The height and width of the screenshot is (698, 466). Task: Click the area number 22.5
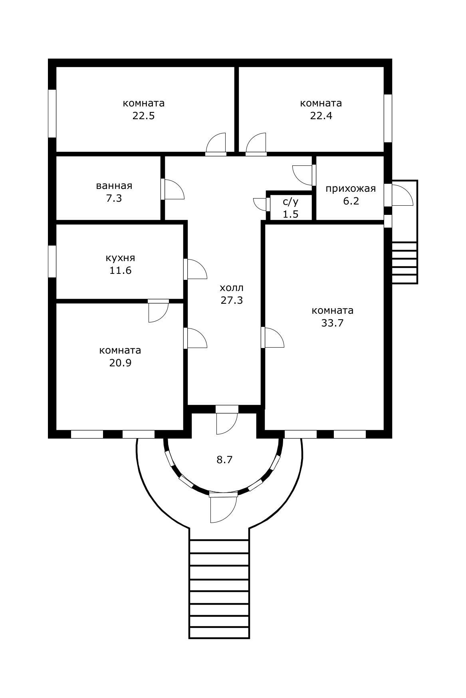tap(143, 116)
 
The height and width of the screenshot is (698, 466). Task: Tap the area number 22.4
tap(321, 116)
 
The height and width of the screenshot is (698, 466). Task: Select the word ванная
tap(114, 186)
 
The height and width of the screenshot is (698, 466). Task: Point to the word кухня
tap(120, 258)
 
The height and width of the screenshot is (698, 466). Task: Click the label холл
tap(232, 288)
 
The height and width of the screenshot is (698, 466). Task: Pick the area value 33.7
tap(333, 323)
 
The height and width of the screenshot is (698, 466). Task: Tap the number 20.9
tap(120, 363)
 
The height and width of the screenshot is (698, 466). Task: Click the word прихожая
tap(351, 189)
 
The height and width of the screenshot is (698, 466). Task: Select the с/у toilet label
tap(291, 201)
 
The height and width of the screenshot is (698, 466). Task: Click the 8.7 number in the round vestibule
tap(224, 460)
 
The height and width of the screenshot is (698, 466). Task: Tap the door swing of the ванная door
tap(173, 189)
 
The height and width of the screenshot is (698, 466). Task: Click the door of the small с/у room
tap(262, 203)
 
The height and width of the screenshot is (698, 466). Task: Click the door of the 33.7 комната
tap(273, 338)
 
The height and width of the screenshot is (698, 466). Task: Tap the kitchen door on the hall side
tap(196, 269)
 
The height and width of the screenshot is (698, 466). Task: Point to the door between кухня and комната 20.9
tap(159, 311)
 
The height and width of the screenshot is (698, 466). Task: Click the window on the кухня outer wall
tap(52, 262)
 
